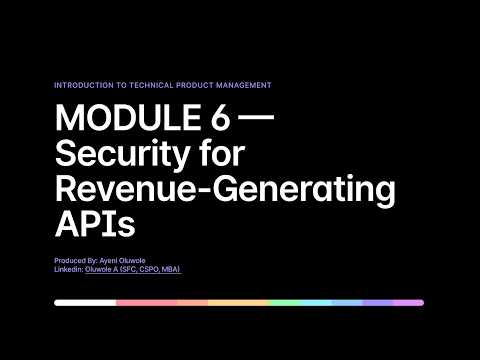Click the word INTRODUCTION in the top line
tap(83, 85)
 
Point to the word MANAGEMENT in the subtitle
tap(244, 85)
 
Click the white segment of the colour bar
tap(85, 302)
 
